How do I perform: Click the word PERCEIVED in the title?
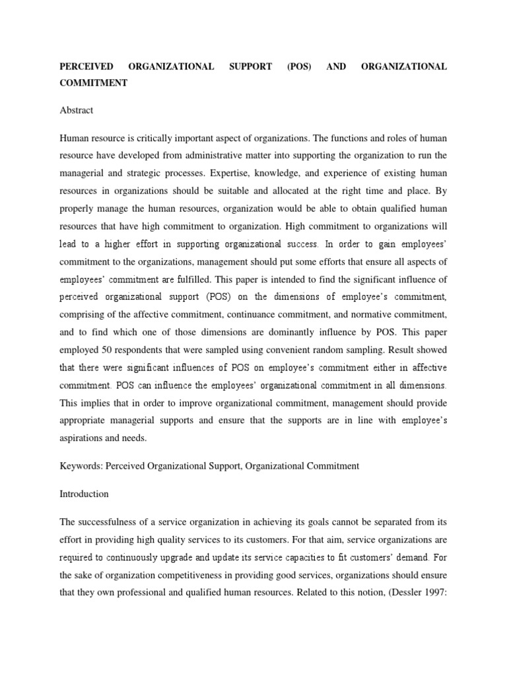click(86, 67)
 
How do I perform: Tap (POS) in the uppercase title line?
click(298, 67)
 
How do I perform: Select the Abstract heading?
click(76, 110)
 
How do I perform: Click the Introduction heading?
click(84, 493)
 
